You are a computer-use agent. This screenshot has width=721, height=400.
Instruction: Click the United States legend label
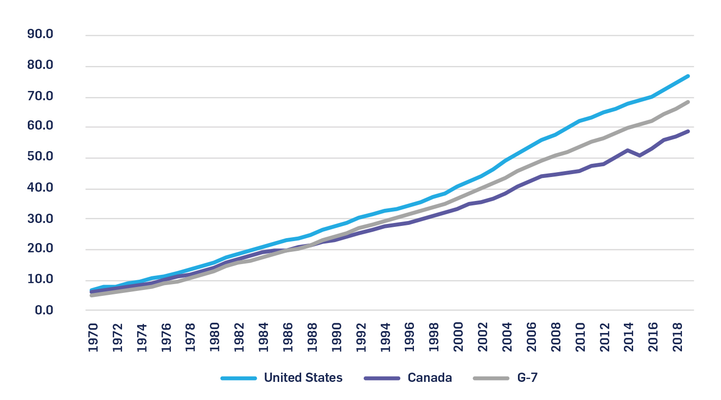(x=303, y=378)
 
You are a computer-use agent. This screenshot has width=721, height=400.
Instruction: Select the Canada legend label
(x=430, y=378)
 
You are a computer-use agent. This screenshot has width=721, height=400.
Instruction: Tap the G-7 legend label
(x=527, y=378)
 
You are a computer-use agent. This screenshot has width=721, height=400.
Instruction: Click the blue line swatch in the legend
(x=239, y=378)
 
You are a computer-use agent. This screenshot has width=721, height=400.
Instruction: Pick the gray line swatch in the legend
(x=491, y=378)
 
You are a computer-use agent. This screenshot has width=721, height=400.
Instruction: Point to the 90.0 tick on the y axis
(x=41, y=35)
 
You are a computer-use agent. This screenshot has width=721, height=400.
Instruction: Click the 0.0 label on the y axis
(x=44, y=310)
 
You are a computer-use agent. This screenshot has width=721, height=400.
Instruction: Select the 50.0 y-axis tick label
(x=41, y=157)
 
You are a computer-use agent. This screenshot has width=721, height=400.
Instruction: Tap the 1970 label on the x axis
(x=93, y=337)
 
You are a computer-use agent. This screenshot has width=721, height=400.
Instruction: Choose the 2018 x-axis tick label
(x=678, y=337)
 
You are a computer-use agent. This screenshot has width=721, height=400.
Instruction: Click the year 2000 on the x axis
(x=458, y=337)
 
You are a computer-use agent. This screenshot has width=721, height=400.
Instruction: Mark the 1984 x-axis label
(x=264, y=337)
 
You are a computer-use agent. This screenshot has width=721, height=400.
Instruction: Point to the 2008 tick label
(x=556, y=337)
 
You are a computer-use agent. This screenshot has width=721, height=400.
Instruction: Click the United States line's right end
(x=688, y=76)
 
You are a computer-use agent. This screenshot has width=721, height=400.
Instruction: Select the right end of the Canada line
(x=688, y=131)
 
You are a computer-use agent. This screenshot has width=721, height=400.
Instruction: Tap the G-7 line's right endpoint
(x=688, y=102)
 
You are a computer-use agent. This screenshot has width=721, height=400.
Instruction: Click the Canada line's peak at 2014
(x=627, y=150)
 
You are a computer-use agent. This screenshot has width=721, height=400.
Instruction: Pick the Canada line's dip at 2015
(x=639, y=156)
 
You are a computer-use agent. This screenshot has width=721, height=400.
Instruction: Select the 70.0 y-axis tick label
(x=41, y=96)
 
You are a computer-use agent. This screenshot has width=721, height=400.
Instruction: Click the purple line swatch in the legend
(x=382, y=378)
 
